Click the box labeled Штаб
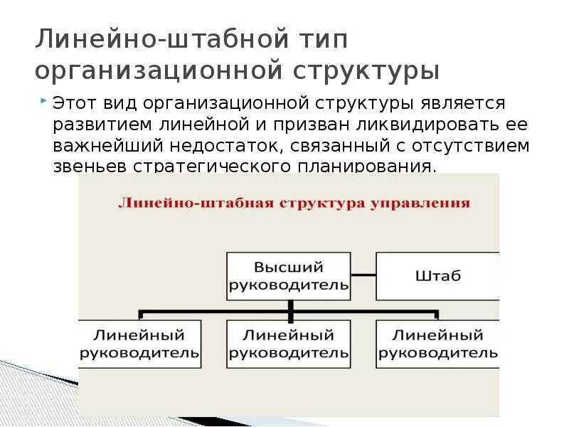437,275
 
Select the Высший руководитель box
288,276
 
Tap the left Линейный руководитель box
139,344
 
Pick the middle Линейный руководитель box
288,344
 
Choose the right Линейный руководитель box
437,344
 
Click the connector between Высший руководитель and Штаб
363,274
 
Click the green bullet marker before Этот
45,100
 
